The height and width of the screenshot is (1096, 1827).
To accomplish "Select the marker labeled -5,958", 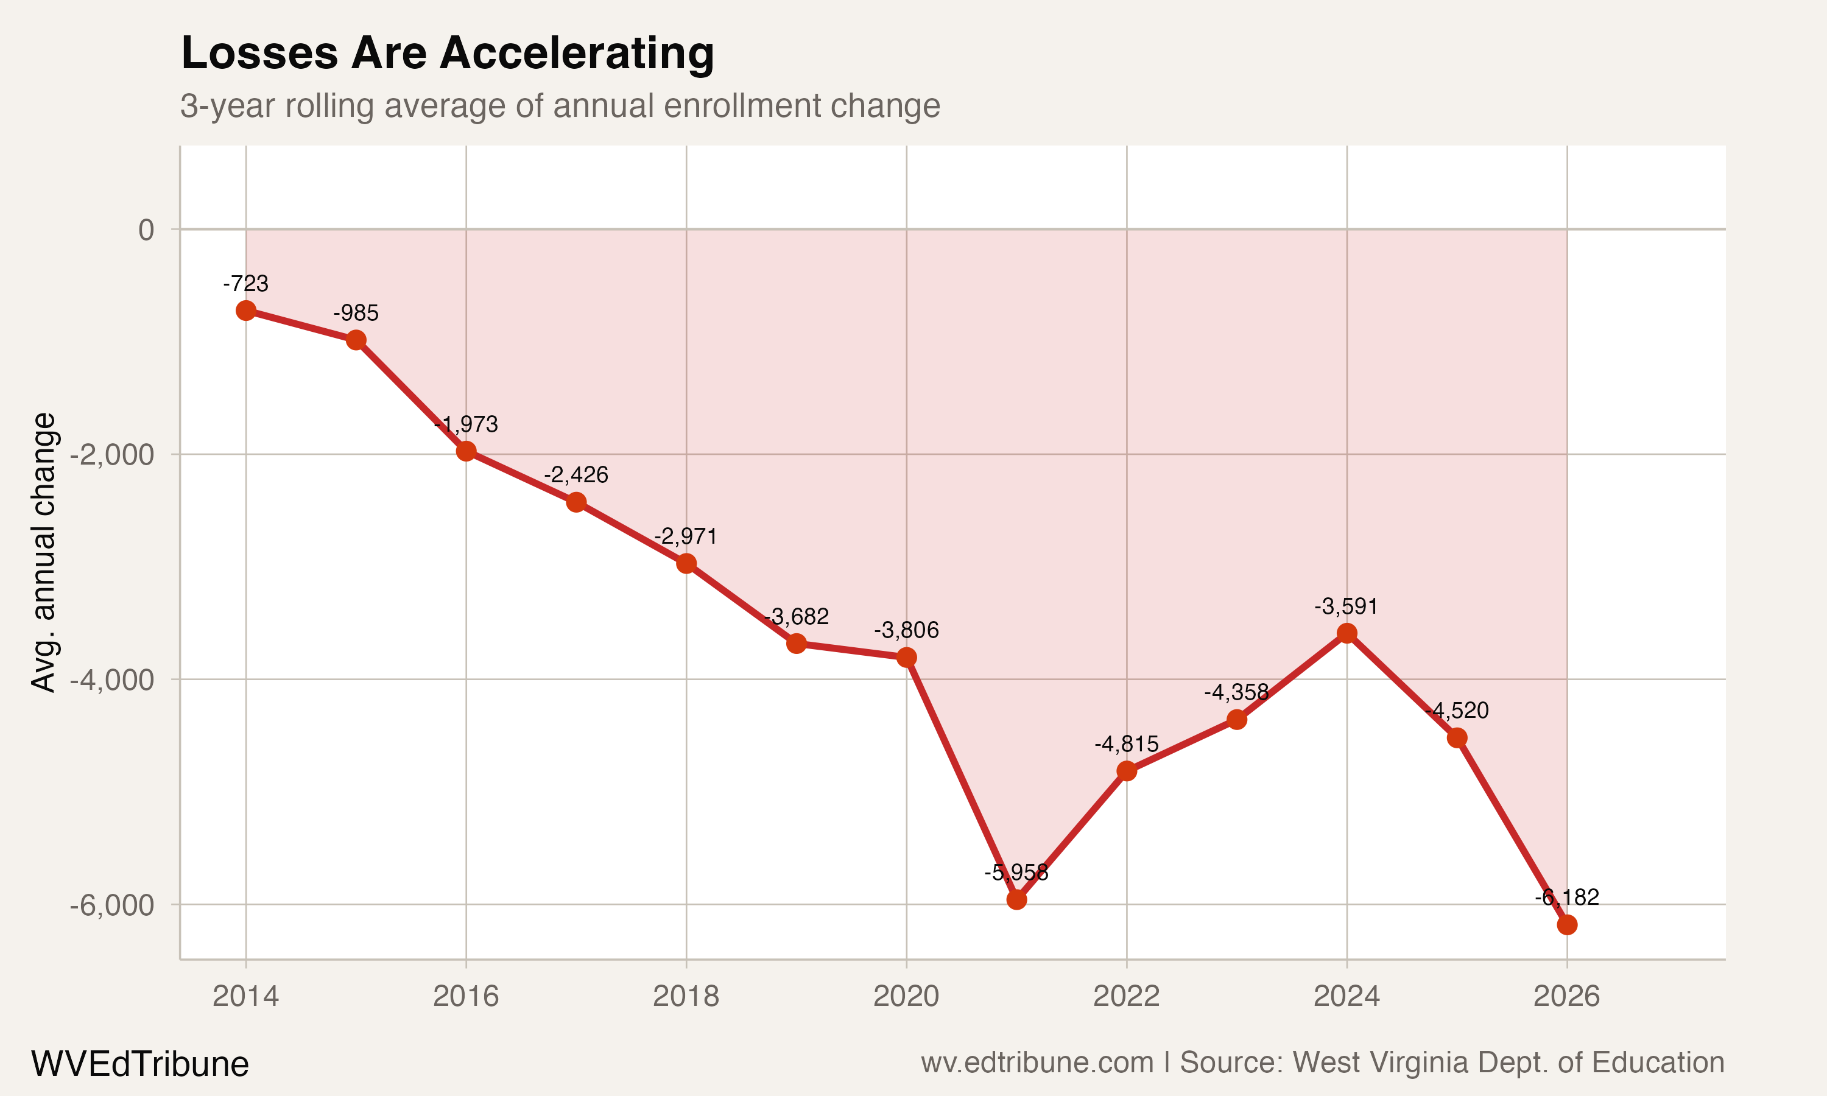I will click(x=1016, y=899).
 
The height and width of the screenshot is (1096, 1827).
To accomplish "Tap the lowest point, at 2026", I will click(x=1566, y=925).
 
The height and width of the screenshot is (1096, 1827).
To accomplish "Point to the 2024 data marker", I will click(x=1346, y=633).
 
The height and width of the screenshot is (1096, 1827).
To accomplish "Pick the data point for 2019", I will click(x=796, y=643).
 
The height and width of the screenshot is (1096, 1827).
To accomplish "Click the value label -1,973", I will click(x=466, y=424).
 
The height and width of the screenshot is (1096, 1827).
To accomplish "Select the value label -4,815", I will click(x=1126, y=743).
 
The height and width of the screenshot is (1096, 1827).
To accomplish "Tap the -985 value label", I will click(x=356, y=313).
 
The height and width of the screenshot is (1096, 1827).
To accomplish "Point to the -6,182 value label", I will click(x=1566, y=898).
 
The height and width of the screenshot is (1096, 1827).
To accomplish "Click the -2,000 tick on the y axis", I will click(x=112, y=455).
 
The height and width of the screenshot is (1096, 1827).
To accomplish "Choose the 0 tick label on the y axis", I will click(x=146, y=230).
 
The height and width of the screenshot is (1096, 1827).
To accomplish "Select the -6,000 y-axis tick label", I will click(x=112, y=905).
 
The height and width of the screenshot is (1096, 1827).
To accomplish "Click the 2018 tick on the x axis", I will click(x=686, y=996).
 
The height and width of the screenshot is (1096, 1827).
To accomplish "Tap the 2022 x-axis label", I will click(x=1126, y=996).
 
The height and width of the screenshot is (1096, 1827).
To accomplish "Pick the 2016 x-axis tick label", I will click(x=466, y=996).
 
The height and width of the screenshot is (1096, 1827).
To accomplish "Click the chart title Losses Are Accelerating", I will click(x=448, y=53).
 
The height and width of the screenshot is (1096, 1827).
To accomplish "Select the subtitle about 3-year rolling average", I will click(x=560, y=105).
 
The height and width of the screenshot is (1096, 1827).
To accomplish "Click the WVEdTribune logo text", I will click(x=140, y=1064).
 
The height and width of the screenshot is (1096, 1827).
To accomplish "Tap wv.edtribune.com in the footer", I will click(x=1037, y=1063).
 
